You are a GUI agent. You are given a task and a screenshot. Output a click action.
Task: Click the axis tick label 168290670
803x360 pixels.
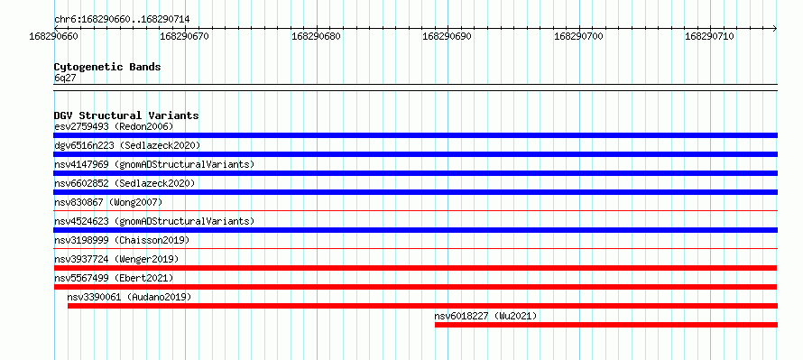(x=185, y=36)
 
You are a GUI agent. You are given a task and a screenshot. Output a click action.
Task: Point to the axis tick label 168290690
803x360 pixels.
(x=448, y=36)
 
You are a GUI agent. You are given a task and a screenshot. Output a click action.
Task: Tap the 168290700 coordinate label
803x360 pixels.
(x=579, y=36)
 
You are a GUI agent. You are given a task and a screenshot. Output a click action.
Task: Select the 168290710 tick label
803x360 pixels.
(x=710, y=36)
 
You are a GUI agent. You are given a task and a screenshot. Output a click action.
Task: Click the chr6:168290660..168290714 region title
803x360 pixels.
(x=122, y=20)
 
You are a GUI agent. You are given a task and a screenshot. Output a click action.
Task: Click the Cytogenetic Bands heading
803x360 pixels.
(x=107, y=67)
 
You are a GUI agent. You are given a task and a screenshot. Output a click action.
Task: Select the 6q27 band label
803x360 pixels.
(x=65, y=78)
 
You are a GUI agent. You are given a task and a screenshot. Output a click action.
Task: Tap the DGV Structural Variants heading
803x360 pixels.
(x=126, y=115)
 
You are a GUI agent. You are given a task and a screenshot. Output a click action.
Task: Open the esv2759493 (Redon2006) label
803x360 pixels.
(x=114, y=126)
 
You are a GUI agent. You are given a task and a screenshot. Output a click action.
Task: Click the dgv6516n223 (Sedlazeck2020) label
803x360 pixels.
(x=127, y=145)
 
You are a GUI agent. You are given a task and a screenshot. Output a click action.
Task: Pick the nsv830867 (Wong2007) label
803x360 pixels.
(x=108, y=202)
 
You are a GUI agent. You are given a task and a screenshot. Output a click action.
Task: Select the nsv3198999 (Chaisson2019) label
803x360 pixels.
(x=122, y=240)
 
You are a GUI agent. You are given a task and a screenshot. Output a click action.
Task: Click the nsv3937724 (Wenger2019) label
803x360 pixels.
(x=116, y=259)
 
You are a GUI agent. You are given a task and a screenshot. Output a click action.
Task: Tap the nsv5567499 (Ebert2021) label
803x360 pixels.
(x=114, y=278)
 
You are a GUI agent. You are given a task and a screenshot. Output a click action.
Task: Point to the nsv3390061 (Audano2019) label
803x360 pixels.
(x=129, y=297)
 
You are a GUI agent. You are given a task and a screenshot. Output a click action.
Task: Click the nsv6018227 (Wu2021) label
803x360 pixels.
(x=485, y=316)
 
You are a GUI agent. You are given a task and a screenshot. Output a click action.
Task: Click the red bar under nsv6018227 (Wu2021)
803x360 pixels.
(x=606, y=325)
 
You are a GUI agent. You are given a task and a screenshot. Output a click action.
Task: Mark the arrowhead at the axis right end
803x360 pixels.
(x=775, y=29)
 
